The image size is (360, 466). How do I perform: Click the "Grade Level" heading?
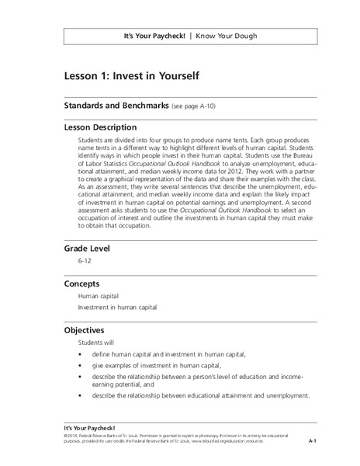click(88, 249)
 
